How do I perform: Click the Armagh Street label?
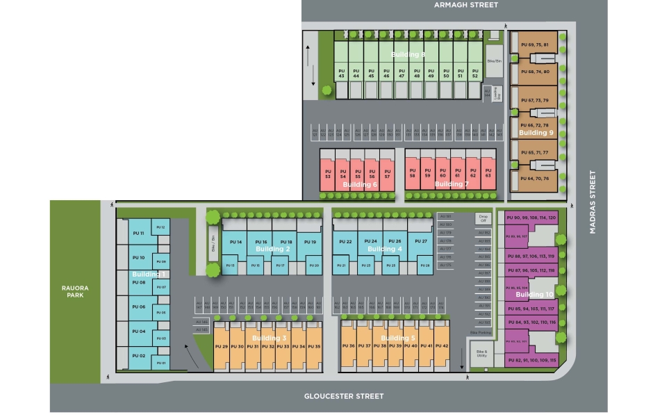[x=465, y=5]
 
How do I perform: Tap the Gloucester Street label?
[x=344, y=396]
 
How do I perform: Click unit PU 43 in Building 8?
[x=341, y=72]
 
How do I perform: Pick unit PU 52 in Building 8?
[x=475, y=72]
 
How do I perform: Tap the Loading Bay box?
[x=496, y=95]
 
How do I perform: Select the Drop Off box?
[x=484, y=218]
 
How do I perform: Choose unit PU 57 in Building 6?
[x=387, y=174]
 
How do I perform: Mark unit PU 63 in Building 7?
[x=488, y=174]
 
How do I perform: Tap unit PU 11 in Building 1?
[x=138, y=233]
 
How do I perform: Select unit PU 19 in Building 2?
[x=310, y=242]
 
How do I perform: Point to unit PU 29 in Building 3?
[x=222, y=346]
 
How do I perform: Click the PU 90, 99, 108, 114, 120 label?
[x=531, y=218]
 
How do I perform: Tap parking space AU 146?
[x=202, y=322]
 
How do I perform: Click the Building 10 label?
[x=535, y=295]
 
